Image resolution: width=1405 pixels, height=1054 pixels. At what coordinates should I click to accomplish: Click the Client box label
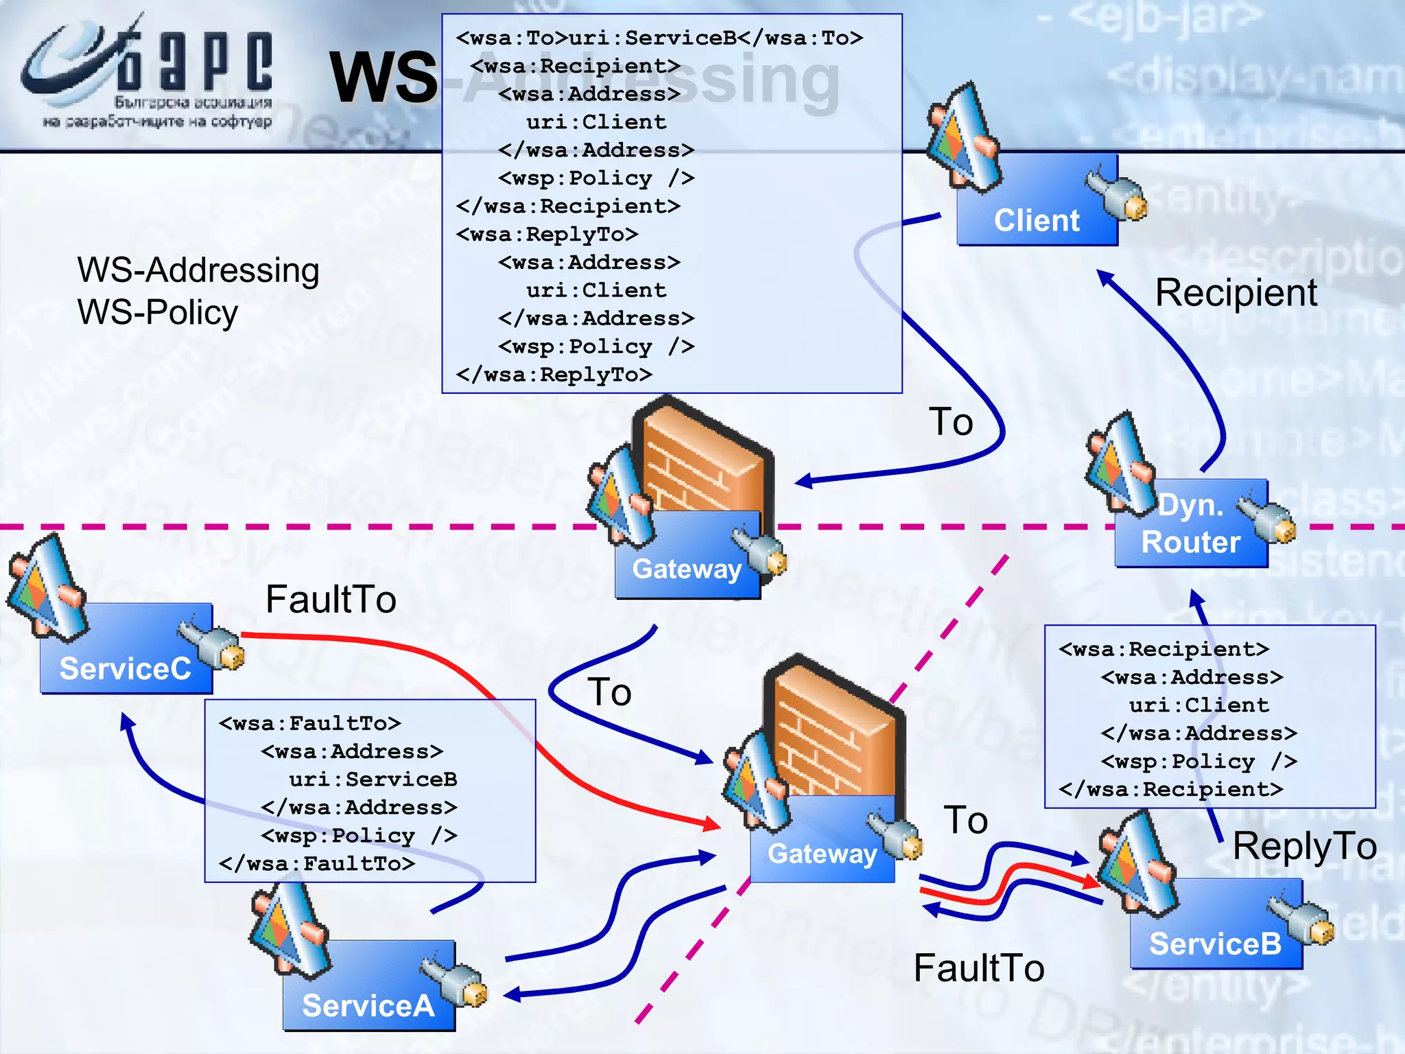(1036, 220)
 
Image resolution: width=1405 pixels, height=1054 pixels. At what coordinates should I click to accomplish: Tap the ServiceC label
(125, 668)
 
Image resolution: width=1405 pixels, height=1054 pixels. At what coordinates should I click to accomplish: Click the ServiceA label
(368, 1005)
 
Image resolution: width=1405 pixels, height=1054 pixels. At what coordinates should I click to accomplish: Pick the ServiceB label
(1215, 944)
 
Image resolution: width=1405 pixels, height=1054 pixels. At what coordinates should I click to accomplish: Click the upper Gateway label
(687, 569)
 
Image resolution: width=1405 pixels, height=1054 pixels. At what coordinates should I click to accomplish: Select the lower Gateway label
(822, 854)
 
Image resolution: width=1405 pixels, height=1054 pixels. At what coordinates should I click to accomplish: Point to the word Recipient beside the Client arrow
(1236, 292)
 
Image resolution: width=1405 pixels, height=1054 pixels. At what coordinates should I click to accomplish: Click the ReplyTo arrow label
(1304, 845)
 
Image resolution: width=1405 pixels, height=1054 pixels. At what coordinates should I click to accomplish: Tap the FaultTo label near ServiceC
(331, 599)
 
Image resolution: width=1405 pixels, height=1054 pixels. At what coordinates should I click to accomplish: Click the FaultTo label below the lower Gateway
(979, 968)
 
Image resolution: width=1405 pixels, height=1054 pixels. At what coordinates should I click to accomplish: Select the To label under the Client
(950, 421)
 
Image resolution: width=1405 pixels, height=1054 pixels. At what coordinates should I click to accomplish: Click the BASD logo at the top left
(147, 75)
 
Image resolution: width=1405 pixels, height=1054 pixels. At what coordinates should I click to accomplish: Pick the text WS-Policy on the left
(158, 312)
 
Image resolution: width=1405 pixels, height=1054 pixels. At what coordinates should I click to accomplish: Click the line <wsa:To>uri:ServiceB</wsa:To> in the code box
(659, 38)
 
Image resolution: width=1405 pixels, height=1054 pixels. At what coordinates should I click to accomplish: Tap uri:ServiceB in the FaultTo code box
(373, 780)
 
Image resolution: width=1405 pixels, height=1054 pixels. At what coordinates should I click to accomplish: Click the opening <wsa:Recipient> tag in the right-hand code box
(1164, 649)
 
